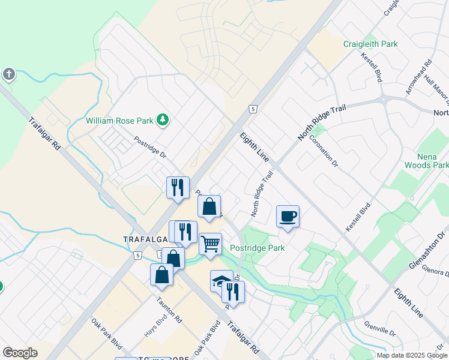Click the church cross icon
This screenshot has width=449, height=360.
8,74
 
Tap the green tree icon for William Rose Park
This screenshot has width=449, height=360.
162,121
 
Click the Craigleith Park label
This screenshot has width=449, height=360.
370,44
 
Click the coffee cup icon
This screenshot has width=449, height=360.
288,216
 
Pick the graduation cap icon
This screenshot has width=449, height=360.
220,280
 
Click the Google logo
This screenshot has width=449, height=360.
20,353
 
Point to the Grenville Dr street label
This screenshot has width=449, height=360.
379,328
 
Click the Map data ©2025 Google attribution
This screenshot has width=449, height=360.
412,355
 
